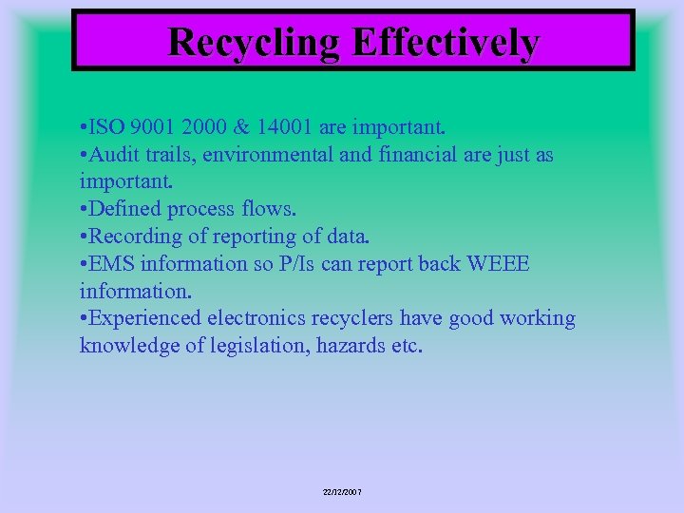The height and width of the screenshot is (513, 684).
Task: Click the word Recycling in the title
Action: pyautogui.click(x=255, y=42)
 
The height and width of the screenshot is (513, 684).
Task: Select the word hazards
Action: pyautogui.click(x=348, y=346)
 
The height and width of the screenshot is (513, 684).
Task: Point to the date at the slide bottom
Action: pyautogui.click(x=342, y=492)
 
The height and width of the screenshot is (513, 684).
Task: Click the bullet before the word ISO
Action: pyautogui.click(x=85, y=127)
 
